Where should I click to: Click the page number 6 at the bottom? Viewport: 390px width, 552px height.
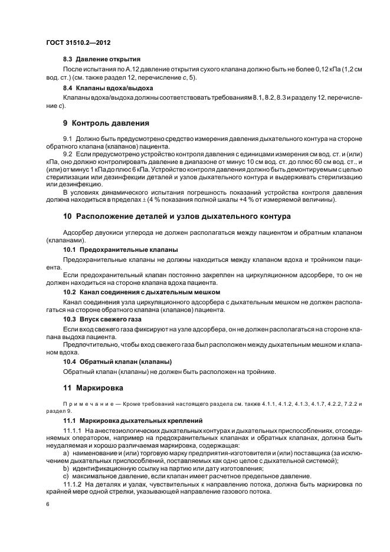[47, 504]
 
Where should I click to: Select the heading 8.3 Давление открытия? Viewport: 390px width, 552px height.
[101, 60]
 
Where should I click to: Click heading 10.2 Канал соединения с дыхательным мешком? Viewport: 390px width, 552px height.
[141, 292]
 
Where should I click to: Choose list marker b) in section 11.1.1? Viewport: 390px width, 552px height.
[67, 468]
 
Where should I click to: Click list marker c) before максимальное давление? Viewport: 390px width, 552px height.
[67, 476]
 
